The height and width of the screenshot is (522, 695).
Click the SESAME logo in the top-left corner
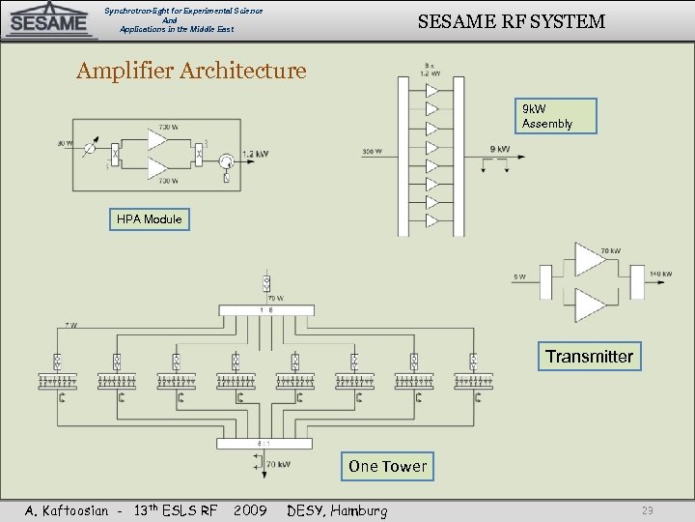point(49,21)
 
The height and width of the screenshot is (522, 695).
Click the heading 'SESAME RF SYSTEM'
point(511,21)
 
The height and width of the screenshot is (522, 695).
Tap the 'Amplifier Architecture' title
point(191,71)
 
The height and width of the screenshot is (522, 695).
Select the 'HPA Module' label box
point(149,219)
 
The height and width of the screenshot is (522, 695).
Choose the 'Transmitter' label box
point(589,357)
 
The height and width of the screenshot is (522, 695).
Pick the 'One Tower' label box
point(387,466)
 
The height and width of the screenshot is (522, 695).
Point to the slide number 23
point(649,510)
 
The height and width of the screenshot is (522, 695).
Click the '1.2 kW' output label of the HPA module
point(255,154)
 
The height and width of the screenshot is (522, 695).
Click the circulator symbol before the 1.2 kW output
point(225,160)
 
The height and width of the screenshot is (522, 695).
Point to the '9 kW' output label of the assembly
point(500,149)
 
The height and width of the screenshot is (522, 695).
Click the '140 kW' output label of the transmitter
point(660,275)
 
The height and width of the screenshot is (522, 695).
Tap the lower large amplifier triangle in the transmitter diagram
point(589,305)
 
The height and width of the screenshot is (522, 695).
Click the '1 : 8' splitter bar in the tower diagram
point(265,309)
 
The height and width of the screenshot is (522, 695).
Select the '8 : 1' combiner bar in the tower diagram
point(264,444)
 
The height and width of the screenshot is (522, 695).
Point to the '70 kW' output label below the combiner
point(278,464)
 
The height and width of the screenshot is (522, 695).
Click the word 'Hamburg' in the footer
point(361,510)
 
